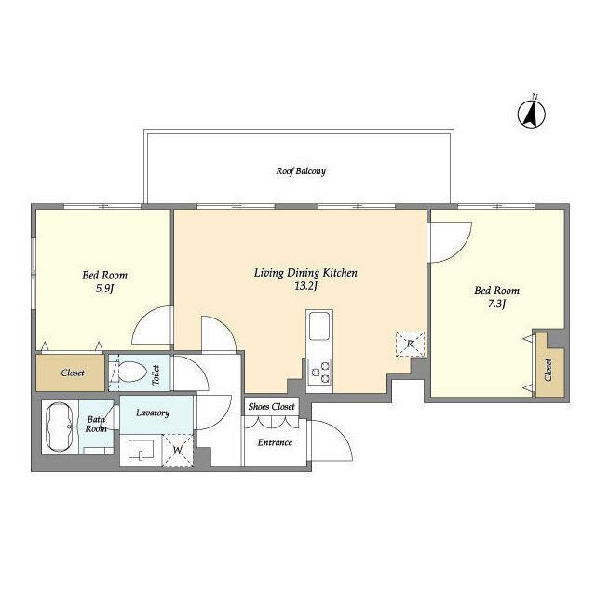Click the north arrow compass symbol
click(532, 114)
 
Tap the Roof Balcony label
click(301, 171)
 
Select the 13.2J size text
click(305, 286)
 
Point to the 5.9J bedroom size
click(104, 289)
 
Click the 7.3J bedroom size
click(496, 304)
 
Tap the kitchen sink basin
click(319, 326)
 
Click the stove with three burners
click(319, 372)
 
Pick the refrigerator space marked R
click(410, 344)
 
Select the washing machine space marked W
click(178, 451)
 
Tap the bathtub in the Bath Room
click(60, 427)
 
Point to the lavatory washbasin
click(141, 450)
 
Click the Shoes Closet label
click(271, 407)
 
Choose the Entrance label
click(275, 442)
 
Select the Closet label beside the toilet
click(73, 372)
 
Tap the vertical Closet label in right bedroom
click(548, 370)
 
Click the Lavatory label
click(153, 413)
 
